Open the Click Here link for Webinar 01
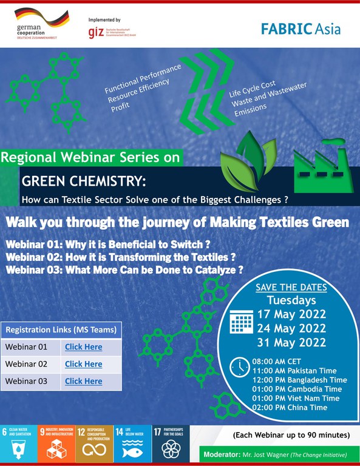pyautogui.click(x=84, y=347)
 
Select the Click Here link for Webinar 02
pyautogui.click(x=84, y=364)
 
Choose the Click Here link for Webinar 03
pyautogui.click(x=84, y=381)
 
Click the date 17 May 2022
pyautogui.click(x=291, y=314)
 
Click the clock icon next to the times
pyautogui.click(x=237, y=366)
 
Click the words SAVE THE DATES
pyautogui.click(x=291, y=287)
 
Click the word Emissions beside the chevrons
pyautogui.click(x=249, y=108)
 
